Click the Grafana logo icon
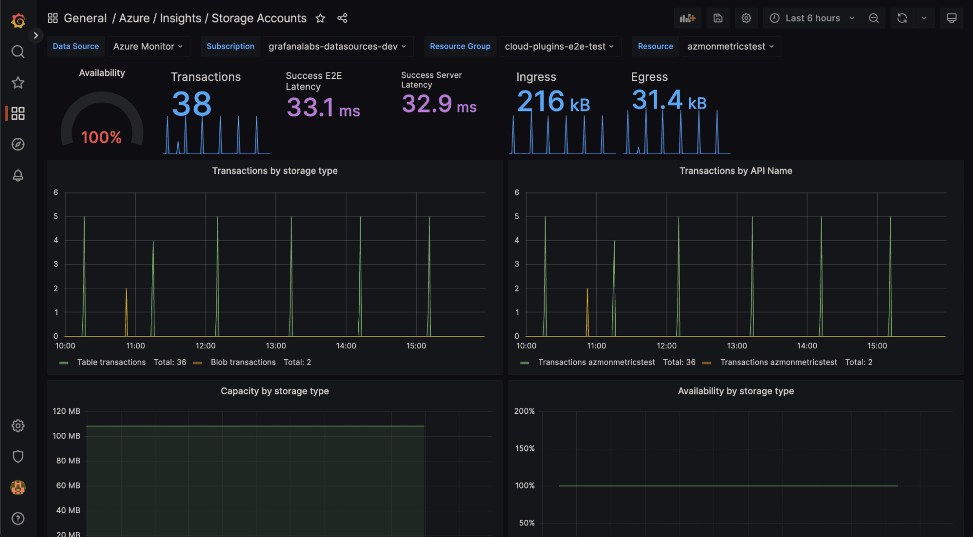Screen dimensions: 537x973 click(18, 20)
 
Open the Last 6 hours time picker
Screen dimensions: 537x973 click(812, 18)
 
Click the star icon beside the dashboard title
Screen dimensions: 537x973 click(320, 19)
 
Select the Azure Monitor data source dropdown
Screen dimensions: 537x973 click(147, 46)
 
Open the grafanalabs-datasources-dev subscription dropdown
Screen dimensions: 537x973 click(337, 46)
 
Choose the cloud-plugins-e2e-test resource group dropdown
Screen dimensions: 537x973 click(559, 46)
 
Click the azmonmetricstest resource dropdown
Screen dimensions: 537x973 click(730, 46)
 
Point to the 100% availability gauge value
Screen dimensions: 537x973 click(101, 137)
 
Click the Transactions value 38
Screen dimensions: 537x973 click(192, 104)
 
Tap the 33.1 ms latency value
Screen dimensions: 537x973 click(323, 108)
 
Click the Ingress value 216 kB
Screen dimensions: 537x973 click(553, 102)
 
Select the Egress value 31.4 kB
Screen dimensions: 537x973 click(668, 100)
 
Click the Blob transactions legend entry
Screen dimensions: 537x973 click(243, 362)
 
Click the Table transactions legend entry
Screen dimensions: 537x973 click(111, 362)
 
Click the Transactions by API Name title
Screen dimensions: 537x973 click(735, 171)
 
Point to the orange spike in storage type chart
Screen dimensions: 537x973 click(127, 307)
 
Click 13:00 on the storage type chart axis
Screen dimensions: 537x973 click(275, 346)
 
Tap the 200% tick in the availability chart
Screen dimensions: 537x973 click(524, 411)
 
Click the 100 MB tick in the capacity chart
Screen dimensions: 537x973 click(66, 436)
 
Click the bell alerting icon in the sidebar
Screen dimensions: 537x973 click(18, 175)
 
